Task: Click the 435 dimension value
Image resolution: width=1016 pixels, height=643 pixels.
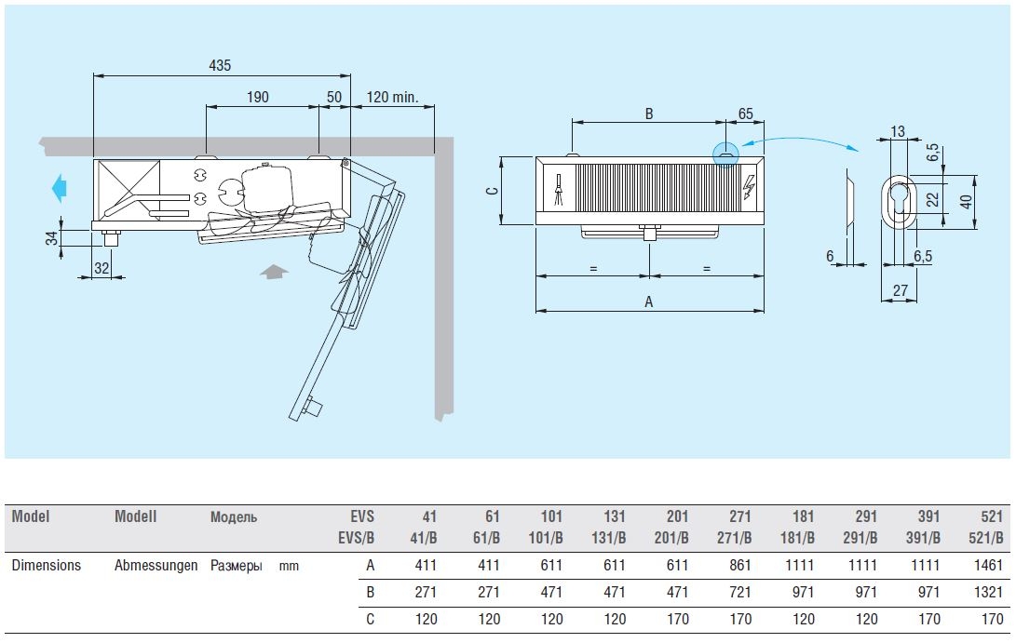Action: tap(220, 65)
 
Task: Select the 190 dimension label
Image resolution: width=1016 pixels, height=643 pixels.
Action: tap(258, 97)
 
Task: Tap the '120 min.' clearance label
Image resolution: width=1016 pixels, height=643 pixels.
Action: tap(392, 97)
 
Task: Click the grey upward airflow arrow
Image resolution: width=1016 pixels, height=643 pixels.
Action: tap(274, 272)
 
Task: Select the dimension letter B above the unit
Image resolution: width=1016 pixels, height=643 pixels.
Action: tap(649, 114)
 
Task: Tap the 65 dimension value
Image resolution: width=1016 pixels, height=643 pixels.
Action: tap(745, 114)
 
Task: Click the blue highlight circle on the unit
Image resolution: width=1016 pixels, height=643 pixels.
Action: tap(724, 154)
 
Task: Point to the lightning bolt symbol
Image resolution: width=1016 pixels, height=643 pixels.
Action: tap(750, 189)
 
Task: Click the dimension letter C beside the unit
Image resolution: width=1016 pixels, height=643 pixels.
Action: tap(494, 190)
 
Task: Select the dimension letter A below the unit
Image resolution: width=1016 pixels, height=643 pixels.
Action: tap(649, 301)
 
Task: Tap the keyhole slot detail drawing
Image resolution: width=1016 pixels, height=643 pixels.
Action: tap(900, 200)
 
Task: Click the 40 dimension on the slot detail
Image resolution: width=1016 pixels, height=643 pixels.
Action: tap(967, 200)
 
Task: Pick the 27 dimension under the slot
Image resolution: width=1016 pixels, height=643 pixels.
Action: tap(900, 290)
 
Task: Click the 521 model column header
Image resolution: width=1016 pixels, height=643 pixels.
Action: tap(992, 516)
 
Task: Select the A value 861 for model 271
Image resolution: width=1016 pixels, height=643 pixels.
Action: tap(741, 565)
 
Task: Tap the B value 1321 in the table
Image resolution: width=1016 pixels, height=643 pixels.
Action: tap(989, 592)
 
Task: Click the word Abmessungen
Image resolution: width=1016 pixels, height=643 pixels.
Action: tap(156, 565)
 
